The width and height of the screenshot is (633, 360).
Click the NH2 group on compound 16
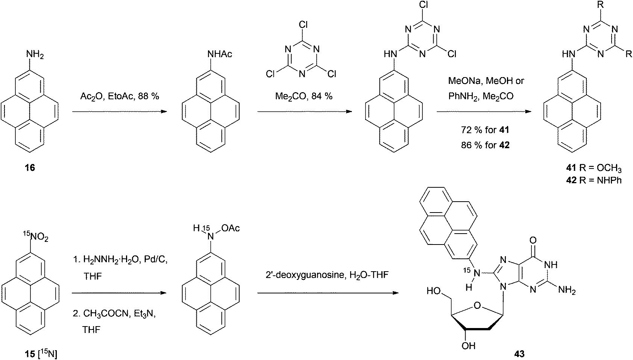[x=35, y=55]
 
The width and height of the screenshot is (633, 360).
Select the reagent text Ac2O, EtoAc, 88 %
[x=120, y=96]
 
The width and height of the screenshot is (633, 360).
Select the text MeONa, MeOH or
[x=486, y=81]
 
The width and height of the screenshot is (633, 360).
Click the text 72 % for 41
[x=485, y=130]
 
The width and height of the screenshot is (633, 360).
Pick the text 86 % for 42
[x=485, y=144]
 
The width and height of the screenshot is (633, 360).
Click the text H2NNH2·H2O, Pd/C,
[x=119, y=261]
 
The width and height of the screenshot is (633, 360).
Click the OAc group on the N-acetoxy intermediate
[x=231, y=228]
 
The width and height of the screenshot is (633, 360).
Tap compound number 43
[x=519, y=353]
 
